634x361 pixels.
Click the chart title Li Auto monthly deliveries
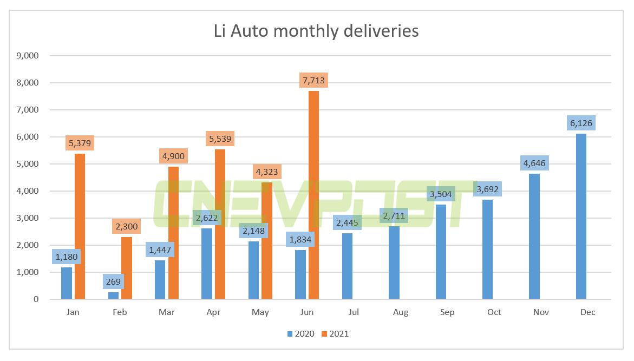(317, 31)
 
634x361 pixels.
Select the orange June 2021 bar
(313, 195)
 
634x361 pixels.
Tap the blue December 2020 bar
(581, 216)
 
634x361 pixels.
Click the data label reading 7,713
(313, 81)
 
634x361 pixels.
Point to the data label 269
(113, 282)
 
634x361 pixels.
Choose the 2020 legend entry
(301, 334)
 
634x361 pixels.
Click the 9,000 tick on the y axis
(28, 56)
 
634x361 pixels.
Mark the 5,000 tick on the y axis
(28, 164)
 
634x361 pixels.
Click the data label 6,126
(581, 123)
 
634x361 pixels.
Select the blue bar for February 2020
(113, 296)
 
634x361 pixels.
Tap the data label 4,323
(267, 172)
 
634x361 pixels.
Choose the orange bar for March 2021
(173, 233)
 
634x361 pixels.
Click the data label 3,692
(487, 189)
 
